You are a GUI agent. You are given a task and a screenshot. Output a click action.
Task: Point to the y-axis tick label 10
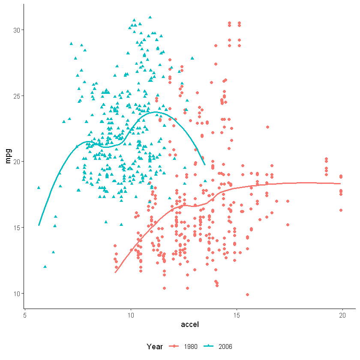click(x=17, y=293)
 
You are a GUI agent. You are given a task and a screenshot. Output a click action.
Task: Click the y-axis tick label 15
click(x=17, y=228)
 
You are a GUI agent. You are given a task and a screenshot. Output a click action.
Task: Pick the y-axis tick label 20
click(x=17, y=162)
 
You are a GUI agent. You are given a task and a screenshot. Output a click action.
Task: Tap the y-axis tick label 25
click(x=17, y=96)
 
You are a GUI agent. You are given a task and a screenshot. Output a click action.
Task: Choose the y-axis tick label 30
click(x=17, y=30)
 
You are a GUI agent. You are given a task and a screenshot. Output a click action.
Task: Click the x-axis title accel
click(x=190, y=325)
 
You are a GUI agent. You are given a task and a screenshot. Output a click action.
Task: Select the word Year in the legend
click(x=154, y=346)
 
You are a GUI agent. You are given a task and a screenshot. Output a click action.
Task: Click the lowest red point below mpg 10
click(x=247, y=294)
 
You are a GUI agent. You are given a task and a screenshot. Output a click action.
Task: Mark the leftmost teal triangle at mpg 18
click(x=39, y=187)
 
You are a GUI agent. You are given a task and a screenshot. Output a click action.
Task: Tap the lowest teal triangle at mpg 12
click(x=45, y=267)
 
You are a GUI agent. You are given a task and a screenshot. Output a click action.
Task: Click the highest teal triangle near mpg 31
click(x=150, y=18)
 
